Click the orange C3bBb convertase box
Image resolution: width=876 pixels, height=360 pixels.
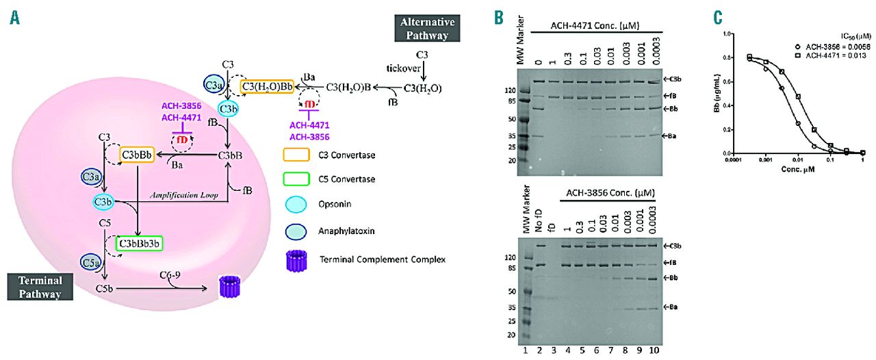(x=136, y=155)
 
